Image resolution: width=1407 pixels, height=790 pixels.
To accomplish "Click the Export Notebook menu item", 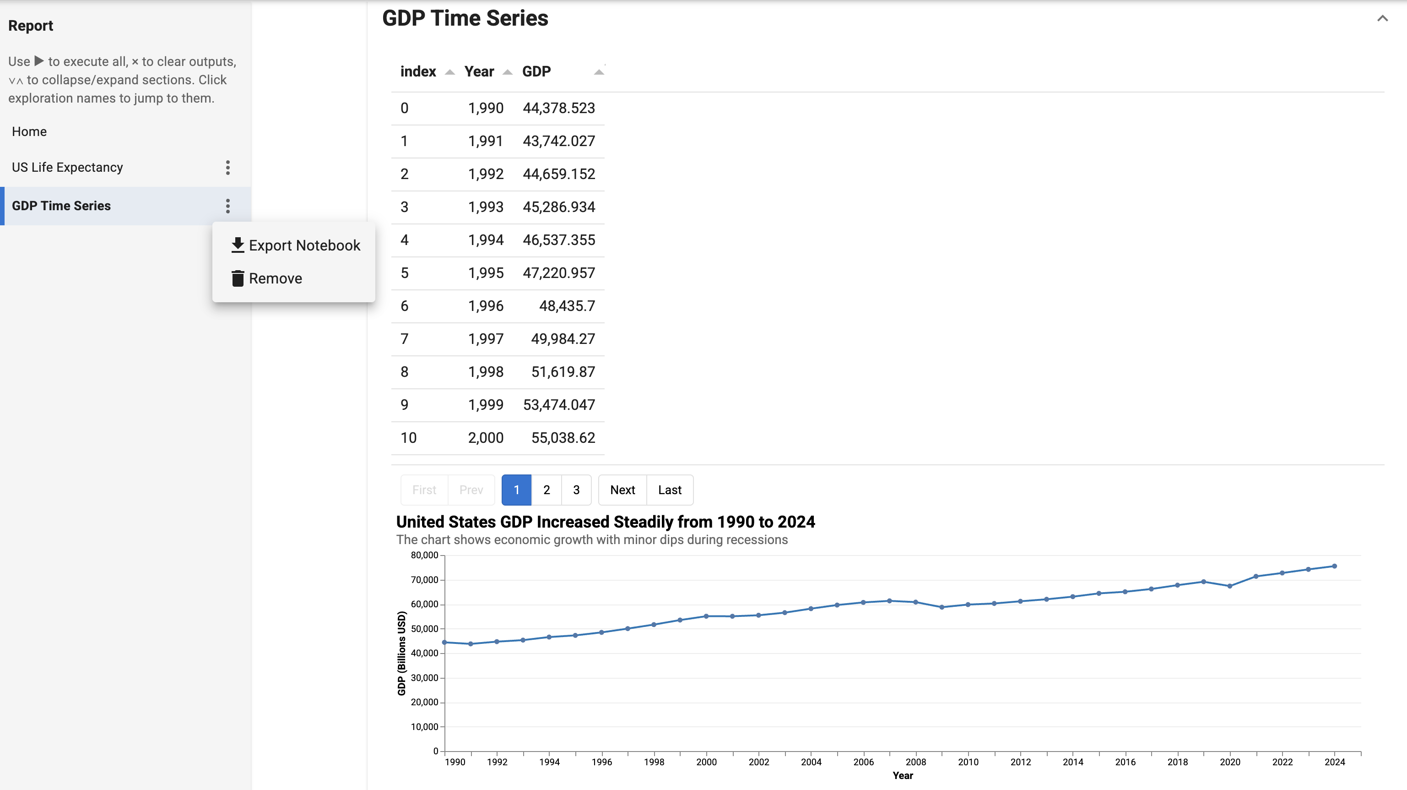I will tap(296, 245).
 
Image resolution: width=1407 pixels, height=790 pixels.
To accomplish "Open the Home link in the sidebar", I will tap(29, 132).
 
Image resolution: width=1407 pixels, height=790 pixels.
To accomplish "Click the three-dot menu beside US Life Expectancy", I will tap(228, 167).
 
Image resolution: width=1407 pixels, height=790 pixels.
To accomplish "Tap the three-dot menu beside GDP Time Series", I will tap(228, 206).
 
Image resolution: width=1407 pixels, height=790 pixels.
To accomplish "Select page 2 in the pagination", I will tap(546, 490).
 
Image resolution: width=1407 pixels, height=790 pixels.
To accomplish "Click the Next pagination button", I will tap(622, 490).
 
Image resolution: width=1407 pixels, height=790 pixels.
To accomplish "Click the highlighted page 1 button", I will tap(516, 490).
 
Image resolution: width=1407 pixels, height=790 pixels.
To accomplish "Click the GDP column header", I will tap(536, 71).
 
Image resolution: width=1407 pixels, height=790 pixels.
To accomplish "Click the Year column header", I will tap(479, 71).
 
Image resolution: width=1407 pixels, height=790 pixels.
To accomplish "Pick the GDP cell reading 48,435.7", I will tap(567, 306).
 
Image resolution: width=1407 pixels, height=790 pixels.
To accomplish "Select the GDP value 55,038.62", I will tap(563, 438).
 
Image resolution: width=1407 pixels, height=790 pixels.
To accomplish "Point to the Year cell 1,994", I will tap(486, 240).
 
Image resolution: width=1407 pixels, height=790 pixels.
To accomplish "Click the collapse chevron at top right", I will tap(1382, 19).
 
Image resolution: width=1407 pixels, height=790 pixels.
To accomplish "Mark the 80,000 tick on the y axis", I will tap(424, 555).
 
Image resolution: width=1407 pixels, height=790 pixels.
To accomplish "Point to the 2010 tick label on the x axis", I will tap(968, 762).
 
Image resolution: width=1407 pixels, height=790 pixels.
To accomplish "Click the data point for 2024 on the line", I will tap(1334, 566).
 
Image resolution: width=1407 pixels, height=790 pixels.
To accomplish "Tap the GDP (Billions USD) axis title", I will tap(401, 653).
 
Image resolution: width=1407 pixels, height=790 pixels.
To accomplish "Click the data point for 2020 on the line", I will tap(1229, 586).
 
